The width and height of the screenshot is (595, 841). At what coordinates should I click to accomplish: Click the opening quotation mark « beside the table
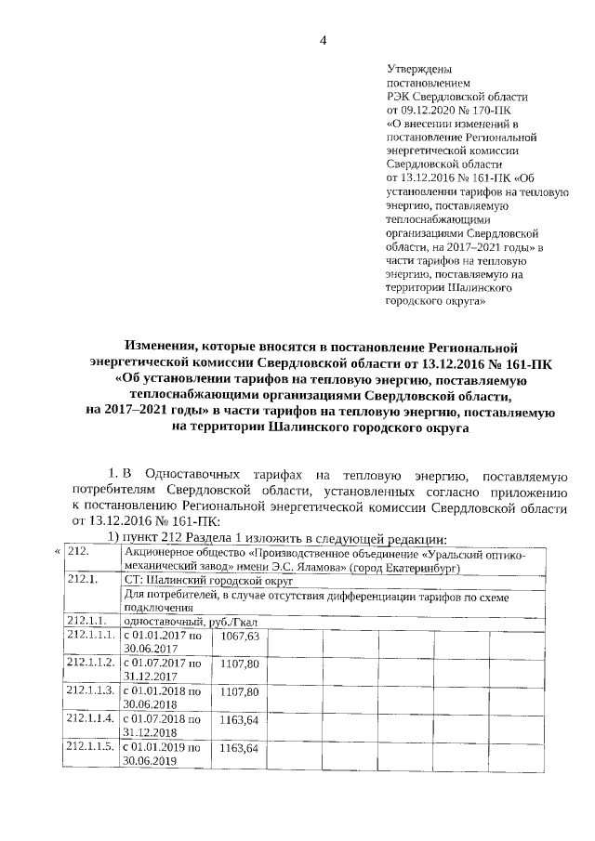(57, 552)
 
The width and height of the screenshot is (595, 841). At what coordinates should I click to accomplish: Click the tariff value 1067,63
(239, 636)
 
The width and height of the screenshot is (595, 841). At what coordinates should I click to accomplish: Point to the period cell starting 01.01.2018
(163, 698)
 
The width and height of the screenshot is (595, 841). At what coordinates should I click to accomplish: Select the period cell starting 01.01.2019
(163, 754)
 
